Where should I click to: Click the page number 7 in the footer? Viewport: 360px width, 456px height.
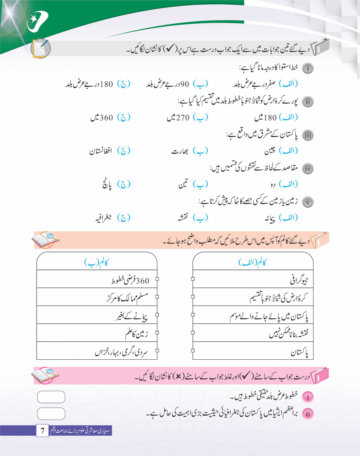(43, 430)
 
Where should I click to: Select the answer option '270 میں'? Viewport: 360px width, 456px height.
(178, 117)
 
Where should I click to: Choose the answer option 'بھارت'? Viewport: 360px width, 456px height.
(180, 151)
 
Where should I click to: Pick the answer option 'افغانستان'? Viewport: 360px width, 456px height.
(101, 151)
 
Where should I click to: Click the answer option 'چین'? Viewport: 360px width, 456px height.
(270, 151)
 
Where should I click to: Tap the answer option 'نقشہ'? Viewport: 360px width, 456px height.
(183, 218)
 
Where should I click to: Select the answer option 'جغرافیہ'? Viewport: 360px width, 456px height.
(103, 218)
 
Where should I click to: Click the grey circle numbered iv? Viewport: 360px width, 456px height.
(308, 169)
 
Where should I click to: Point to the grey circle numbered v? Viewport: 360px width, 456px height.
(308, 202)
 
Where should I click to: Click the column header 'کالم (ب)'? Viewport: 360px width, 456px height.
(96, 262)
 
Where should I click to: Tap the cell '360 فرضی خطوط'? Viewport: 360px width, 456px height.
(130, 281)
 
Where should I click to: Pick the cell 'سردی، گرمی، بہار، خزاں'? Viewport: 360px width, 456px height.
(122, 352)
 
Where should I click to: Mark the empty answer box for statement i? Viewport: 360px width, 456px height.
(51, 397)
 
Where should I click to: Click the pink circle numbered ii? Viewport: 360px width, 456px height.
(308, 414)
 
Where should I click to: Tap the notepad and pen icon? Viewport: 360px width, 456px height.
(41, 48)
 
